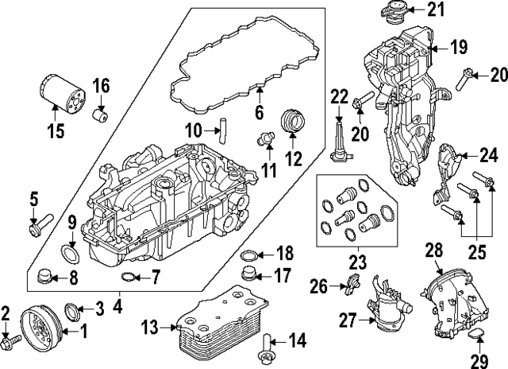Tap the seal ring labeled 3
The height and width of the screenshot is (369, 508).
coord(71,309)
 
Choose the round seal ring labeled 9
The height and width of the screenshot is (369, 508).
coord(70,253)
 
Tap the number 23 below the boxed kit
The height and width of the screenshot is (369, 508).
coord(355,261)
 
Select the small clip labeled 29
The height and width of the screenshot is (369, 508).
coord(479,340)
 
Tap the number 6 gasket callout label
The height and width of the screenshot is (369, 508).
coord(258,114)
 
